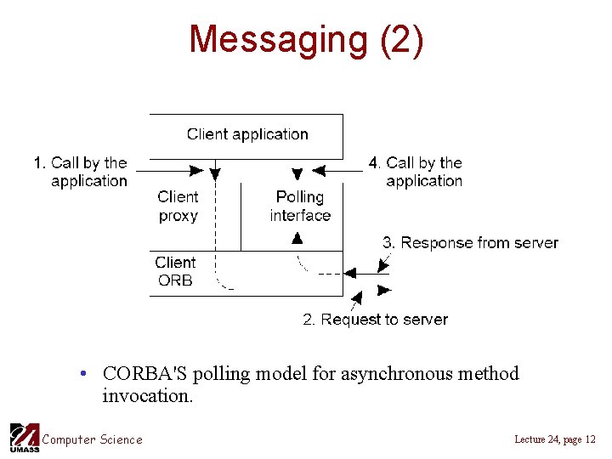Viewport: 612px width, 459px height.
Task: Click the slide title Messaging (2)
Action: coord(306,40)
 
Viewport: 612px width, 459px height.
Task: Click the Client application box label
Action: coord(247,133)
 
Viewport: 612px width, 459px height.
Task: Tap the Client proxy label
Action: coord(178,207)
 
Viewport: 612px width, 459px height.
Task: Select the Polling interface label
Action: coord(300,207)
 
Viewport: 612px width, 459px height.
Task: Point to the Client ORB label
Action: coord(175,271)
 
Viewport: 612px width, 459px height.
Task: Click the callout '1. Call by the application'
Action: coord(82,172)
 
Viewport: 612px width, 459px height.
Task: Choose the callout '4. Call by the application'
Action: coord(416,172)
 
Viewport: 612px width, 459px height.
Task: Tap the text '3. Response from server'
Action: coord(470,243)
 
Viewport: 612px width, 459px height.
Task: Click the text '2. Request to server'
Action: coord(375,320)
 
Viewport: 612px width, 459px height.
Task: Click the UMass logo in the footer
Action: coord(24,437)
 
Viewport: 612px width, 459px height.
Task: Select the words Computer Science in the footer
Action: coord(93,439)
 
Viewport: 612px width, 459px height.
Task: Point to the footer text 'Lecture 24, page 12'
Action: coord(555,439)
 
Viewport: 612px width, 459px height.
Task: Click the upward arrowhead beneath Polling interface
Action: coord(297,240)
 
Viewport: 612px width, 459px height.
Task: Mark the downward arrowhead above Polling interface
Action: coord(297,174)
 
